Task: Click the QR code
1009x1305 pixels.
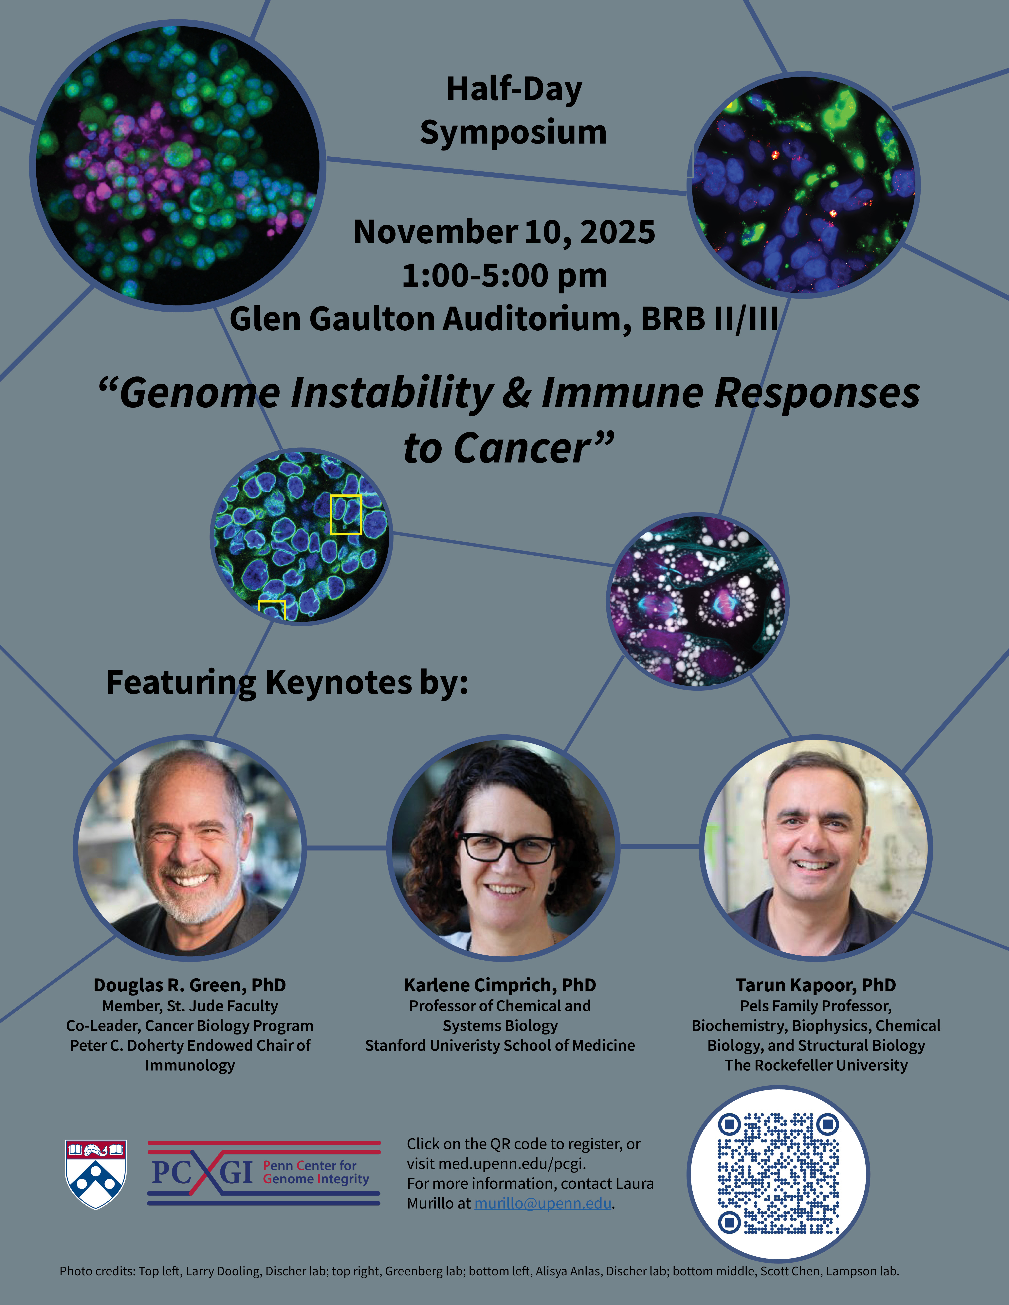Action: point(778,1173)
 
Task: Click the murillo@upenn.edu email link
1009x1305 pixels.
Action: point(543,1203)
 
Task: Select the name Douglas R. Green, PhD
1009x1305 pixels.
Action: point(190,985)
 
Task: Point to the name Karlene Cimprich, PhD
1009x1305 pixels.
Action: point(500,985)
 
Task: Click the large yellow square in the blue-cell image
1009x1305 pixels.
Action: point(346,514)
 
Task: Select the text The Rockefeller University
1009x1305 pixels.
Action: point(816,1065)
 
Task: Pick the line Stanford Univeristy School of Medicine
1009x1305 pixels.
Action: point(500,1046)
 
